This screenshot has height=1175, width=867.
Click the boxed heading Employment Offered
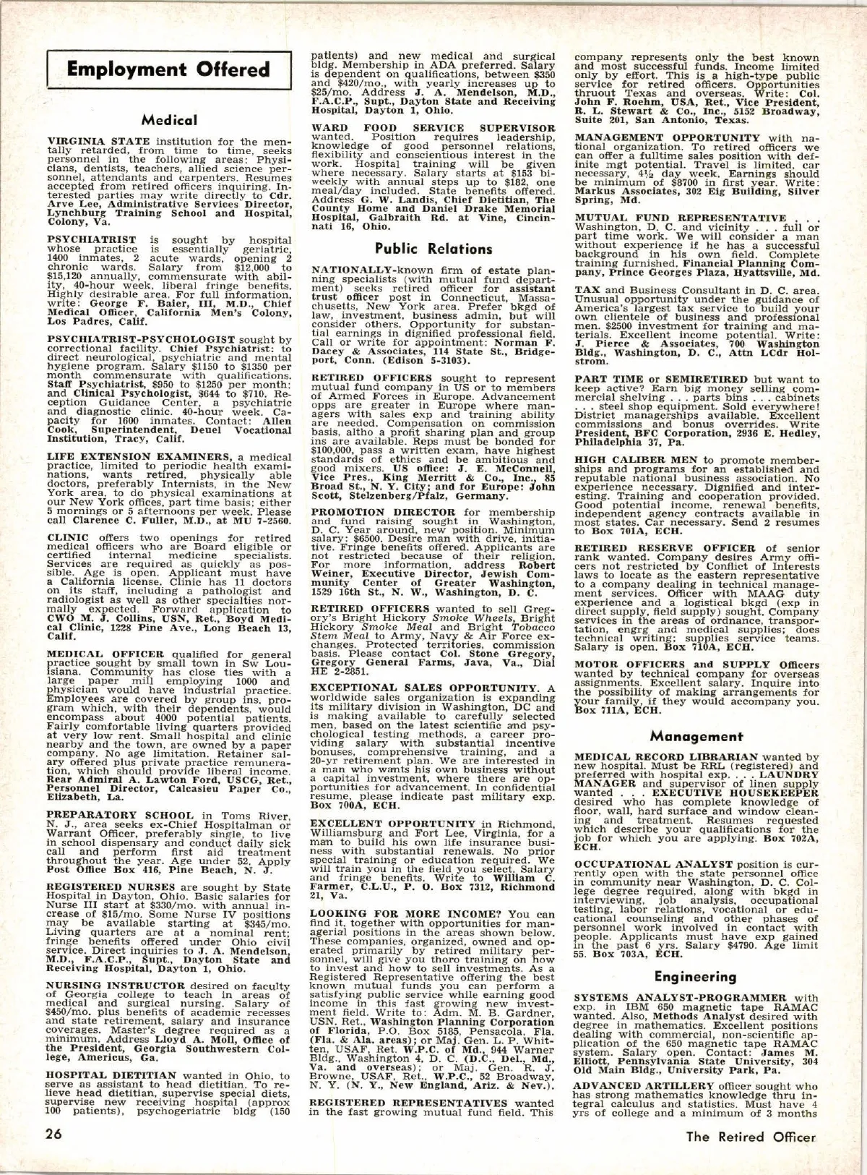coord(168,69)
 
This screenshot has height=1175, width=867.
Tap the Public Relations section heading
coord(439,249)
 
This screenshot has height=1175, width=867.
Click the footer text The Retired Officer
coord(751,1136)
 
